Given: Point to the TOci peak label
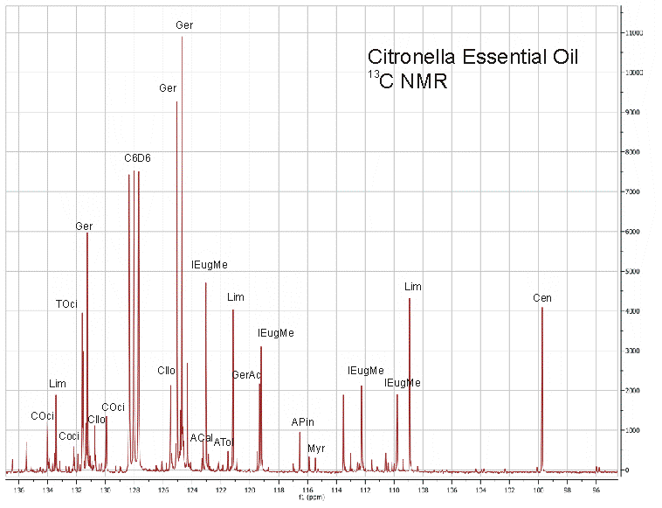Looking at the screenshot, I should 66,304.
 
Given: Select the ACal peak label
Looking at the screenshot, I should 201,437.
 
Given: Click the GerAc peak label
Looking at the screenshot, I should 246,375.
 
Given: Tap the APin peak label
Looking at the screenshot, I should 301,422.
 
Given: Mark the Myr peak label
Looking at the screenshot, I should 315,448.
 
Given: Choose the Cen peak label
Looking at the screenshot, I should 542,298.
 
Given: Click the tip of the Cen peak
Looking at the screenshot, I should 541,308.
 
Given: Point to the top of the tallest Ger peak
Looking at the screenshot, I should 182,38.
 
